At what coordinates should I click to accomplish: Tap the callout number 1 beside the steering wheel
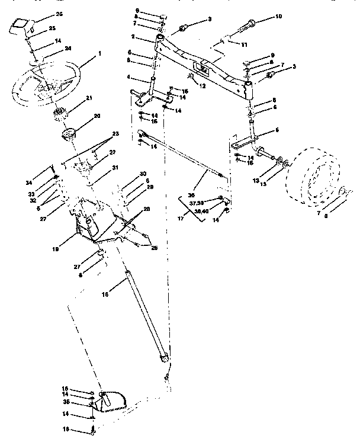(x=100, y=53)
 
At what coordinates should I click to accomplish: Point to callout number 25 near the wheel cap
(x=52, y=28)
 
